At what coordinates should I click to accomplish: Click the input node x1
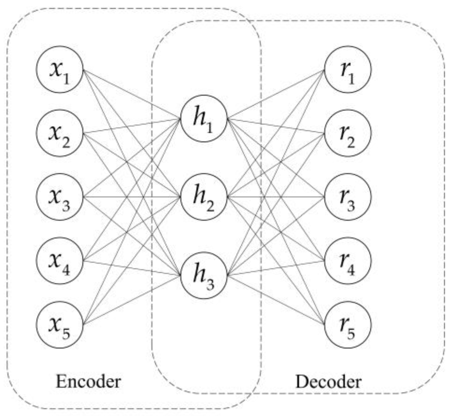(60, 69)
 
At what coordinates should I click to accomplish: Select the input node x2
(60, 133)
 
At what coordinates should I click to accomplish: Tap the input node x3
(60, 197)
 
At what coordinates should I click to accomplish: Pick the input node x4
(60, 261)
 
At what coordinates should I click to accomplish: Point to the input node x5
(60, 325)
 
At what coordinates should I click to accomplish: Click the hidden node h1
(204, 119)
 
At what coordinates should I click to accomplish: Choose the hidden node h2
(204, 197)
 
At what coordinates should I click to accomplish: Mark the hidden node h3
(204, 275)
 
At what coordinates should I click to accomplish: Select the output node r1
(348, 69)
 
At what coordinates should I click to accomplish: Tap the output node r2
(348, 133)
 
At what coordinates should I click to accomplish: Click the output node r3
(348, 197)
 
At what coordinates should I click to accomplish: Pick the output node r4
(348, 261)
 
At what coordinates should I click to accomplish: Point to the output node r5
(348, 325)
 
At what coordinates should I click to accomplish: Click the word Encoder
(88, 382)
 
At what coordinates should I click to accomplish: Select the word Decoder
(328, 382)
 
